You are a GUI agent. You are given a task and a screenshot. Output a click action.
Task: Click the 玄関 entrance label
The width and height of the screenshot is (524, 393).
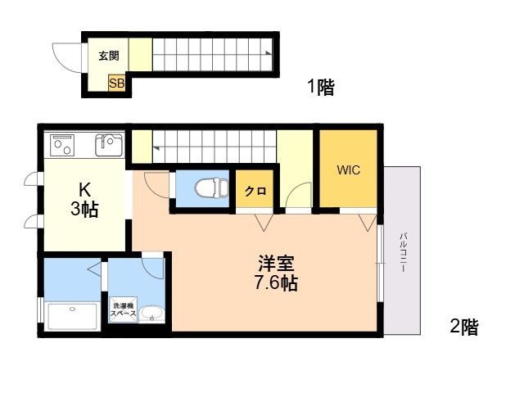tap(109, 56)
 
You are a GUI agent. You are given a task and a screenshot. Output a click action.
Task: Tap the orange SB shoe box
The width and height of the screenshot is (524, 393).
tap(116, 83)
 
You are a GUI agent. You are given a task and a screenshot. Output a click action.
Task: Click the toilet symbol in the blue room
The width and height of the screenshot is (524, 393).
tap(211, 188)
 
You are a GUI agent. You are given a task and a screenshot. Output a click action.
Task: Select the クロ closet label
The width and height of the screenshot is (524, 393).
tap(255, 191)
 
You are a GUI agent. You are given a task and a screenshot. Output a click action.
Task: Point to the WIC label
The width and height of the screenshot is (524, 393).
tap(349, 169)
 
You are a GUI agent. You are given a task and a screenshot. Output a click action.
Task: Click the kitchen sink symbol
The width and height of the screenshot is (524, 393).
tap(109, 145)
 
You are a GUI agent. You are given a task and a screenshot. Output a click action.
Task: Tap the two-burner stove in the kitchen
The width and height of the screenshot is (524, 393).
tap(62, 145)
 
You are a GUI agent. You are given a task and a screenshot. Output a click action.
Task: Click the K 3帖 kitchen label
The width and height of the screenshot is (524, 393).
tap(84, 201)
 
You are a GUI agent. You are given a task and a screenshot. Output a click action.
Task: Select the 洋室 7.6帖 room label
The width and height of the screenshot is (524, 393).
tap(276, 273)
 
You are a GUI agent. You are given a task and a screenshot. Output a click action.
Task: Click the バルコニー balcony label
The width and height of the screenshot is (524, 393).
tap(404, 253)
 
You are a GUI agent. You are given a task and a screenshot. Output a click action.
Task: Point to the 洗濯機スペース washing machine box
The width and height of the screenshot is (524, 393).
tap(123, 309)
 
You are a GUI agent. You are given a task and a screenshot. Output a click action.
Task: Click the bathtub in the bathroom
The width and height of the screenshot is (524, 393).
tap(73, 316)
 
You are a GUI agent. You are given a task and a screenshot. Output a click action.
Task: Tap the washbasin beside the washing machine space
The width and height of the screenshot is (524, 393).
tap(151, 314)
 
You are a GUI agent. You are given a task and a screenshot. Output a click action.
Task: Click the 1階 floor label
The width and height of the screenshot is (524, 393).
tap(321, 87)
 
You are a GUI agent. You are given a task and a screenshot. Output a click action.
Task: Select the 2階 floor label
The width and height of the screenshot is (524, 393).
tap(464, 326)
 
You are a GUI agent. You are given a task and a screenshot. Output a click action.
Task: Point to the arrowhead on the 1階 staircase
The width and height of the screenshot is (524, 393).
tap(269, 52)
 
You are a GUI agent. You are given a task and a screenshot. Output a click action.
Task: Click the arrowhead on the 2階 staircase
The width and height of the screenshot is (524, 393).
tap(156, 147)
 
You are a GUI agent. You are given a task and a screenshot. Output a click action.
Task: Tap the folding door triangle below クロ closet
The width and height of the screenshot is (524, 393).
tap(264, 223)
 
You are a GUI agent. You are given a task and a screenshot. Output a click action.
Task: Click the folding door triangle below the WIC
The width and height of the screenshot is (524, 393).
tap(368, 223)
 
